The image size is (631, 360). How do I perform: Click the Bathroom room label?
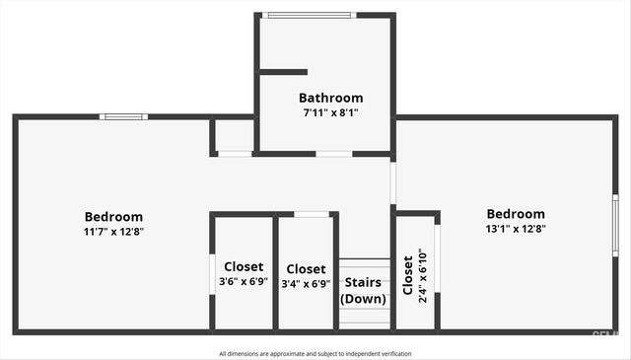(330, 98)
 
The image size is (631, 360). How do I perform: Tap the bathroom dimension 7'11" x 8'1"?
(330, 112)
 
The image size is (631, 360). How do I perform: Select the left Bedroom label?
(113, 217)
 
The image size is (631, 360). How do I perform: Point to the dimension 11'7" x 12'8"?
(113, 232)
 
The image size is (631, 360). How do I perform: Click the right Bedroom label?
(516, 214)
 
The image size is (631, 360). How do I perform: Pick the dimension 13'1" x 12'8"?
(516, 228)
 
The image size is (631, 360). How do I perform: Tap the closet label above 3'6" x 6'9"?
(244, 266)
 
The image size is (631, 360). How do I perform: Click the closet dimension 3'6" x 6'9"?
(244, 281)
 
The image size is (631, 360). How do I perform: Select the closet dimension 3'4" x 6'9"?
(306, 284)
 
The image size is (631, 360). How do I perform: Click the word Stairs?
(363, 283)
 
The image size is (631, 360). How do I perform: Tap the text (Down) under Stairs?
(363, 299)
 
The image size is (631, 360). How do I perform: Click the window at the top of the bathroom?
(309, 15)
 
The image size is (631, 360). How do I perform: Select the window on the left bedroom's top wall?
(124, 117)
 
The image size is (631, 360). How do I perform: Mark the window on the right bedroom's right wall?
(614, 225)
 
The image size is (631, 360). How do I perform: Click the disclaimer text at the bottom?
(315, 353)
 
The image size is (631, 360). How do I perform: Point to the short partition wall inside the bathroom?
(283, 71)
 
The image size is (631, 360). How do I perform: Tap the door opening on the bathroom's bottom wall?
(333, 154)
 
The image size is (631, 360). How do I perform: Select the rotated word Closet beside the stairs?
(407, 276)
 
